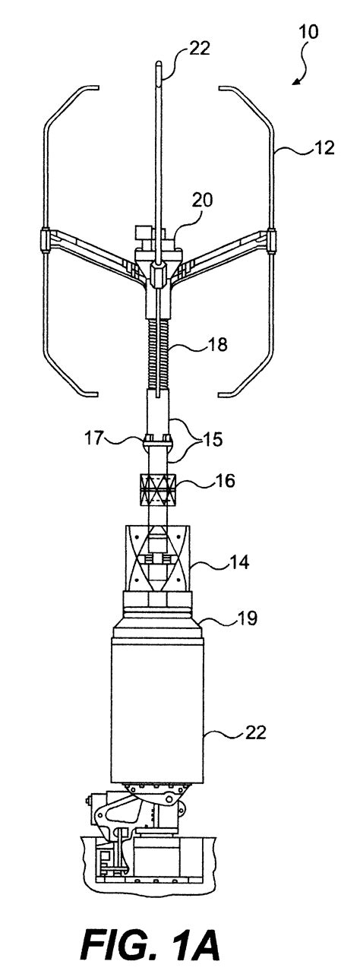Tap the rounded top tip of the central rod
click(x=157, y=64)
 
